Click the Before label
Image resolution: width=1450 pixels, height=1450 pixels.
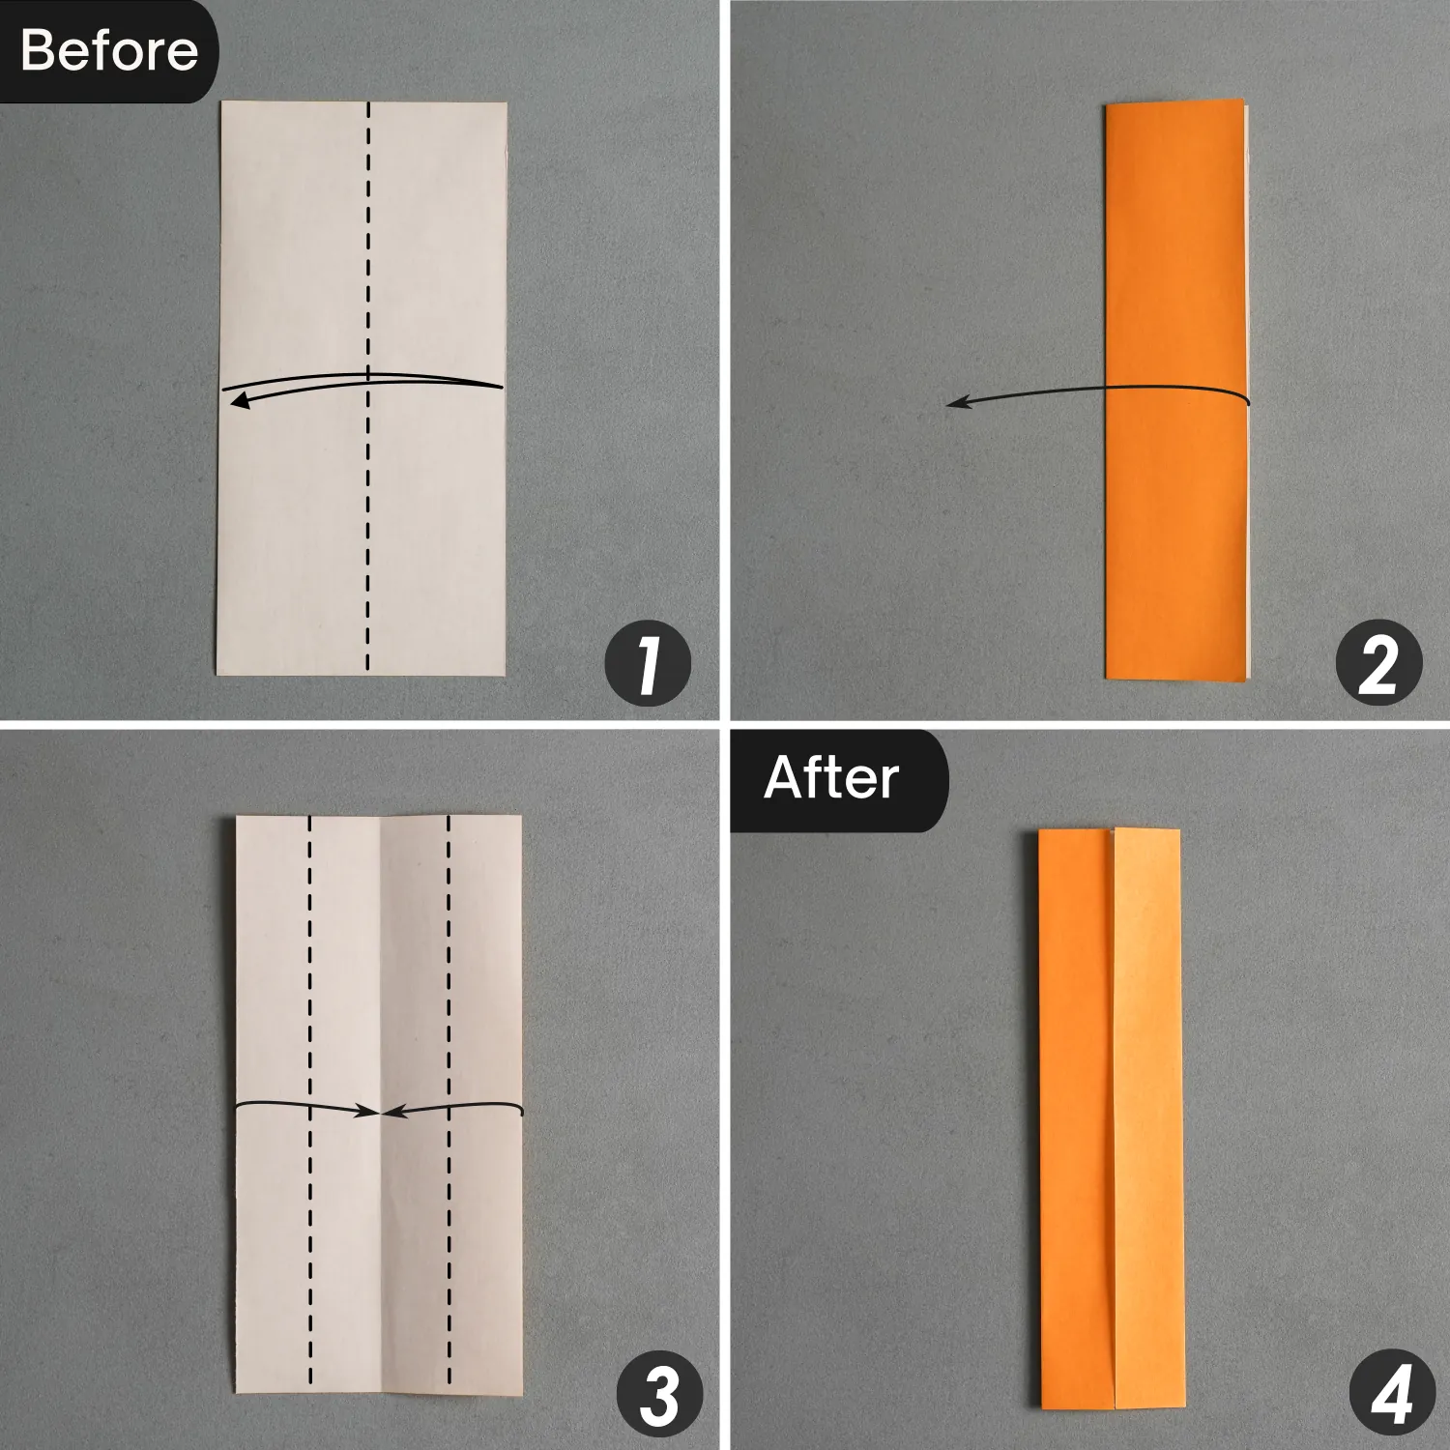pos(108,50)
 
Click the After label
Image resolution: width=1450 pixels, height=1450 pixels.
pos(833,778)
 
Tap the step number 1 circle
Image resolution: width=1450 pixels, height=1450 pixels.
pos(648,666)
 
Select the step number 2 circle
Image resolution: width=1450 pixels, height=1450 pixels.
pos(1378,666)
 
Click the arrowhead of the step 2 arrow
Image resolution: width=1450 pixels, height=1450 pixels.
pos(957,404)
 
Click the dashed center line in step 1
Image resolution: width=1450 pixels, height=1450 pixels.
pos(368,385)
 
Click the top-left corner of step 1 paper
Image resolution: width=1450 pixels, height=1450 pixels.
pos(221,101)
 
